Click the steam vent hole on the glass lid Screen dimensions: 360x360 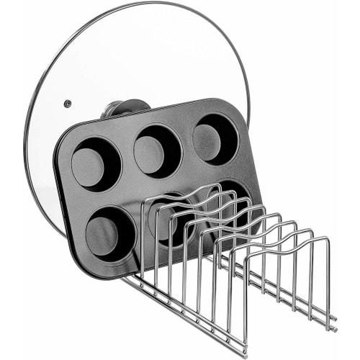pyautogui.click(x=67, y=104)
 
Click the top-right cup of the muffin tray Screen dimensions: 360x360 pyautogui.click(x=215, y=138)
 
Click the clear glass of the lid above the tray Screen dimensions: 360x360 pyautogui.click(x=144, y=58)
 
